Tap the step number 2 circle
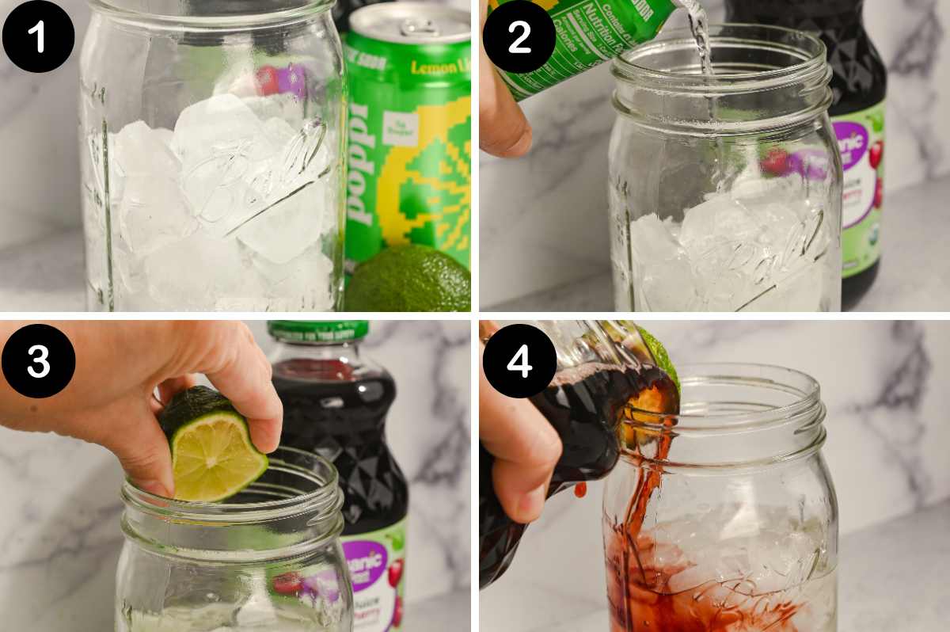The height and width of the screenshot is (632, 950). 519,36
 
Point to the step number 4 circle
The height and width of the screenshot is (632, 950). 519,360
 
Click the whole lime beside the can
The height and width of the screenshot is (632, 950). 408,281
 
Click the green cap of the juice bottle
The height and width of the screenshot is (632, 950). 317,329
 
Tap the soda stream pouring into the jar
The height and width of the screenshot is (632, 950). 700,40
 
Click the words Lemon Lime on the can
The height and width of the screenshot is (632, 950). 439,67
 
